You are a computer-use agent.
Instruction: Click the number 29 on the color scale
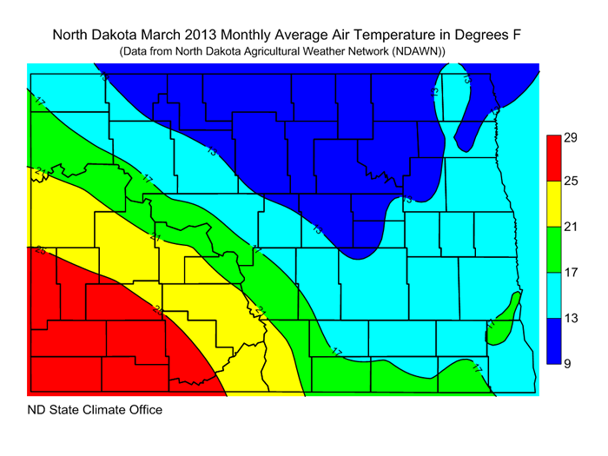(x=570, y=137)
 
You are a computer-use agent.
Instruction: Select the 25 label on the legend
(x=570, y=181)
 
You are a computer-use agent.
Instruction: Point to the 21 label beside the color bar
(x=570, y=228)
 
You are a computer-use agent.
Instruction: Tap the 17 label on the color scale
(x=570, y=273)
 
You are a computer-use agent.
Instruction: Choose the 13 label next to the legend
(x=570, y=319)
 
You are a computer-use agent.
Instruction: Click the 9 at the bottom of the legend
(x=567, y=364)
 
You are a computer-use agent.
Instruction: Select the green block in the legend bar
(x=552, y=249)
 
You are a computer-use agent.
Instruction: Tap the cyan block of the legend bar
(x=552, y=295)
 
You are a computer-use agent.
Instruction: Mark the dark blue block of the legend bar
(x=552, y=341)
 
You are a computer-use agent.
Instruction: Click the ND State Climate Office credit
(x=95, y=409)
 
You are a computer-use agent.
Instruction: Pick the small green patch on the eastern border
(x=506, y=319)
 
